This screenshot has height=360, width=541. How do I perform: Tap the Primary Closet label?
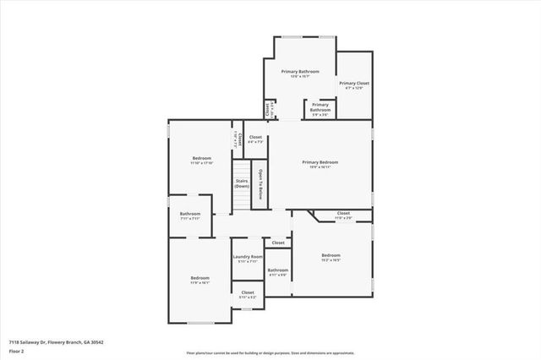(x=354, y=84)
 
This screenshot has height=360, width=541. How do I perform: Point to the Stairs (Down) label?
(x=242, y=183)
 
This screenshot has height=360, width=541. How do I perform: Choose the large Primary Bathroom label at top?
(x=302, y=72)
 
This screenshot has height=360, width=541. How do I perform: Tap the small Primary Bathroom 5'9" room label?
(x=320, y=107)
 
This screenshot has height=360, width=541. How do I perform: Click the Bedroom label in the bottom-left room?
(x=199, y=279)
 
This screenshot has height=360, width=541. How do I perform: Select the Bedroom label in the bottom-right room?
(x=331, y=255)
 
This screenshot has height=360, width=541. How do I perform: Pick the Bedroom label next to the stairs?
(x=201, y=159)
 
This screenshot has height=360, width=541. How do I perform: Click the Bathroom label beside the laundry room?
(x=278, y=270)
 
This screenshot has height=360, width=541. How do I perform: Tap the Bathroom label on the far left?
(x=190, y=214)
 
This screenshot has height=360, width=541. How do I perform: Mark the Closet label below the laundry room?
(x=248, y=293)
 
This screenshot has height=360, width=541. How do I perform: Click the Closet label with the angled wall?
(x=343, y=214)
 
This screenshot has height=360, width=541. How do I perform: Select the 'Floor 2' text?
(x=17, y=350)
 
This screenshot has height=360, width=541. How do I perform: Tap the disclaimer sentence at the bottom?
(x=270, y=352)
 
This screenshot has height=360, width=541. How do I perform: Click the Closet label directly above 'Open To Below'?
(x=255, y=138)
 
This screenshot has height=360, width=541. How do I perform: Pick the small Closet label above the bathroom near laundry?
(x=278, y=243)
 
